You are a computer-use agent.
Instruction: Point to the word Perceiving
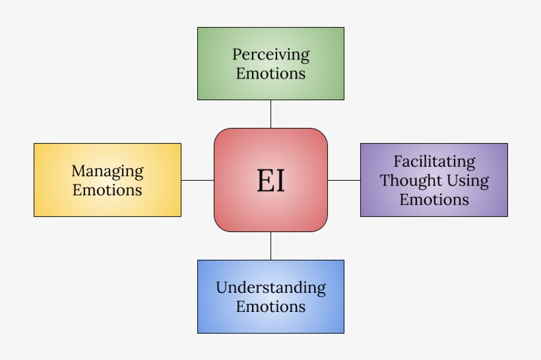pyautogui.click(x=270, y=55)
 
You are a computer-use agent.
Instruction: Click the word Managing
pyautogui.click(x=107, y=171)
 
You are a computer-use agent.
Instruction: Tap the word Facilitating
pyautogui.click(x=434, y=162)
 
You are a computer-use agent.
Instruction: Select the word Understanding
pyautogui.click(x=270, y=288)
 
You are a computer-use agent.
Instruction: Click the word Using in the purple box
pyautogui.click(x=468, y=181)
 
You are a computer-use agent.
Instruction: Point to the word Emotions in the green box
pyautogui.click(x=270, y=73)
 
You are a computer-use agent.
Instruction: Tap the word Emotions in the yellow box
pyautogui.click(x=107, y=190)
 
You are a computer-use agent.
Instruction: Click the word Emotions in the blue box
pyautogui.click(x=270, y=307)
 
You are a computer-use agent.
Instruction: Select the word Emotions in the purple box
pyautogui.click(x=434, y=199)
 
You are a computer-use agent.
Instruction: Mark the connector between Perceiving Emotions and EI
pyautogui.click(x=270, y=114)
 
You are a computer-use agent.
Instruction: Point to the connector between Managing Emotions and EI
pyautogui.click(x=197, y=180)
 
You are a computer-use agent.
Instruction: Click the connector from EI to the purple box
pyautogui.click(x=344, y=180)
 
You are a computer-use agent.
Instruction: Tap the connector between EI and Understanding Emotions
pyautogui.click(x=270, y=246)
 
